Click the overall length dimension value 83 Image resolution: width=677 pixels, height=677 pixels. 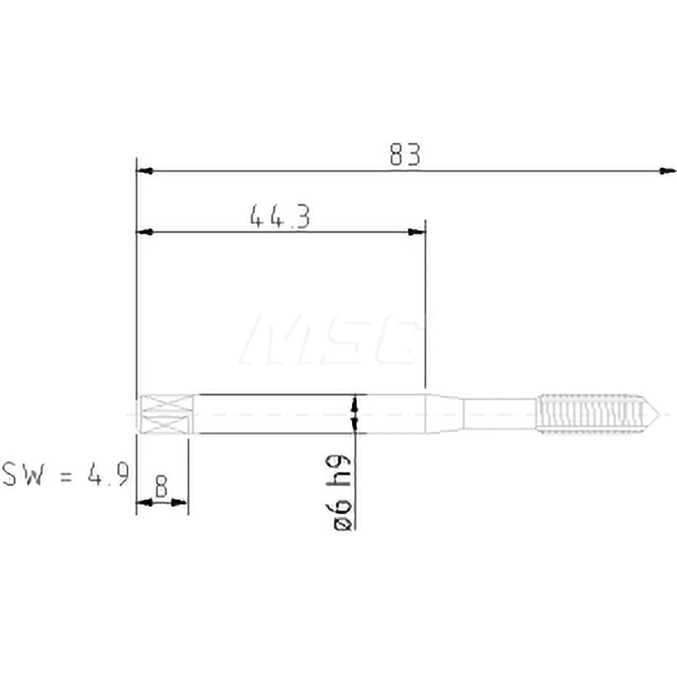[x=405, y=156]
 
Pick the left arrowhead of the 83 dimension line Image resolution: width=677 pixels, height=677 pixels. [x=143, y=171]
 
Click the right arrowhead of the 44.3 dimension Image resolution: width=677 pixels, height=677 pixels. [x=418, y=232]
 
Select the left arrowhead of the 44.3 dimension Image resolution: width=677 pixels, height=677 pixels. [x=143, y=232]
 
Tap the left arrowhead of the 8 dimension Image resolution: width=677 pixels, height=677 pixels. [x=142, y=502]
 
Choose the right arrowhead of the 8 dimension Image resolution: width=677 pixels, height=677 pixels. [x=181, y=502]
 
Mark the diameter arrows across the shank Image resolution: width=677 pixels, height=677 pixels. [x=354, y=414]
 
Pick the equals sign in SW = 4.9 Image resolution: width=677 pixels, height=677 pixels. [x=66, y=474]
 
